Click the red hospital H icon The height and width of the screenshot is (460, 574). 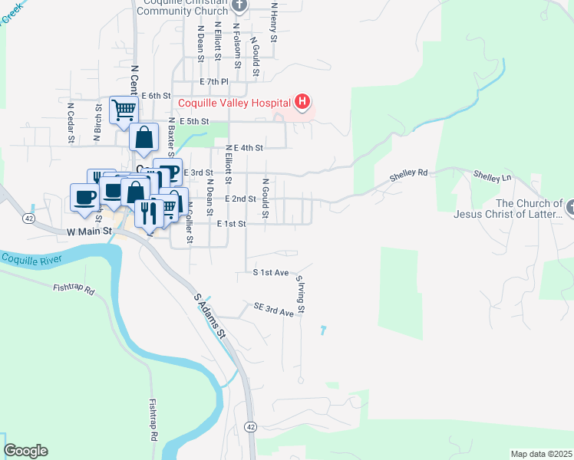303,102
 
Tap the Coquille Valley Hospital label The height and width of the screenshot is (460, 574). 234,103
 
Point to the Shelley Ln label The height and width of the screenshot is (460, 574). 492,176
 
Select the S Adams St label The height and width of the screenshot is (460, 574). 209,316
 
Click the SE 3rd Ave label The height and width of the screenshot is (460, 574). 274,309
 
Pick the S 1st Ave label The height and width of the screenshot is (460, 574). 271,272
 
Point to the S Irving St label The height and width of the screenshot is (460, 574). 302,296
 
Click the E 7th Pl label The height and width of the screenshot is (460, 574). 213,81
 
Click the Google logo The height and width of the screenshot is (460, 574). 25,451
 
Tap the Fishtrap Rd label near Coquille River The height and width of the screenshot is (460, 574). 74,291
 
